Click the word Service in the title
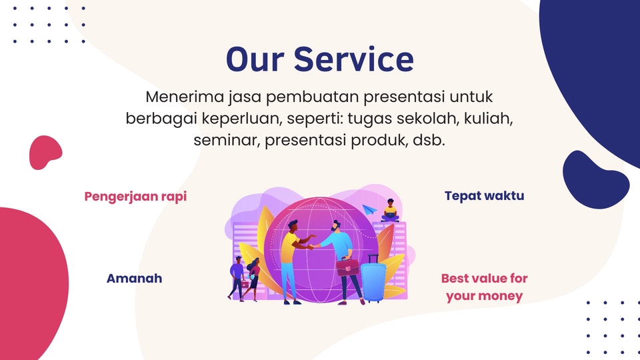click(x=353, y=59)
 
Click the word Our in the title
click(x=255, y=59)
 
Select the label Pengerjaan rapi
click(x=135, y=196)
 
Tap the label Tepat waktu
click(x=485, y=196)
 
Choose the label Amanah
click(x=134, y=279)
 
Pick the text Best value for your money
click(x=485, y=287)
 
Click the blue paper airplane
click(x=369, y=210)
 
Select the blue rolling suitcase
click(x=373, y=279)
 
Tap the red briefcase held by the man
click(x=347, y=267)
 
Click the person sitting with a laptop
click(x=390, y=211)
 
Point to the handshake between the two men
click(x=311, y=246)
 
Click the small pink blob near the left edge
click(x=45, y=152)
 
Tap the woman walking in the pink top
click(x=253, y=279)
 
